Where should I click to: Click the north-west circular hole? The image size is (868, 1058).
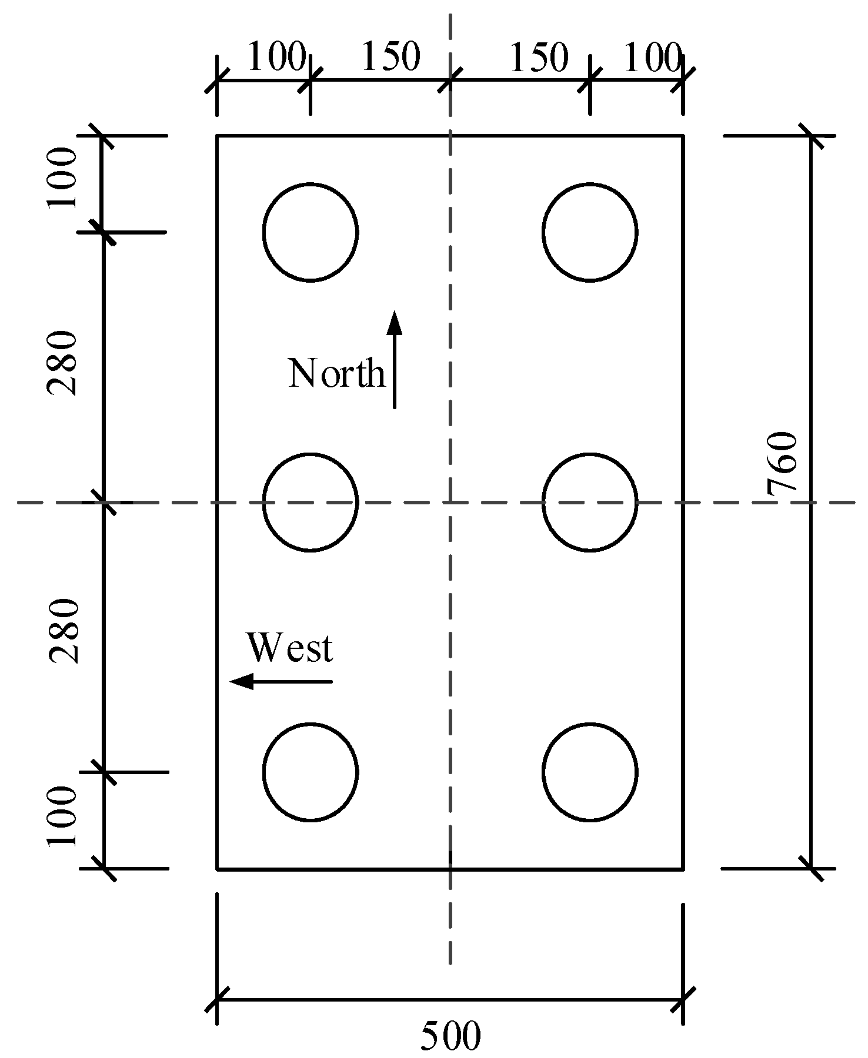pyautogui.click(x=310, y=232)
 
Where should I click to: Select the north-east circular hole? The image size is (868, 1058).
pyautogui.click(x=589, y=232)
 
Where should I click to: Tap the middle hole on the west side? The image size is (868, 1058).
pyautogui.click(x=310, y=503)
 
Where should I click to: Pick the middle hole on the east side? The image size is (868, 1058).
pyautogui.click(x=589, y=503)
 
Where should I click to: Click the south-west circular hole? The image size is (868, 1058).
pyautogui.click(x=310, y=772)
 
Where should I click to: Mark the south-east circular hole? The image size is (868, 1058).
pyautogui.click(x=589, y=772)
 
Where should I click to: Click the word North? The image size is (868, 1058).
pyautogui.click(x=336, y=373)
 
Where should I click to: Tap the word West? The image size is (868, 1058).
pyautogui.click(x=290, y=648)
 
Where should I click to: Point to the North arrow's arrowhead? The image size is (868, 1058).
pyautogui.click(x=395, y=323)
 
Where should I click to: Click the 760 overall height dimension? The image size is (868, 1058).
pyautogui.click(x=782, y=461)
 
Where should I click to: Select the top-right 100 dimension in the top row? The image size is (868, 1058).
pyautogui.click(x=652, y=58)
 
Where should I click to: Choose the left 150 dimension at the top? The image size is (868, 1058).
pyautogui.click(x=390, y=58)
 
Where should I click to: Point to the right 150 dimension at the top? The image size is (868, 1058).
pyautogui.click(x=539, y=58)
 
